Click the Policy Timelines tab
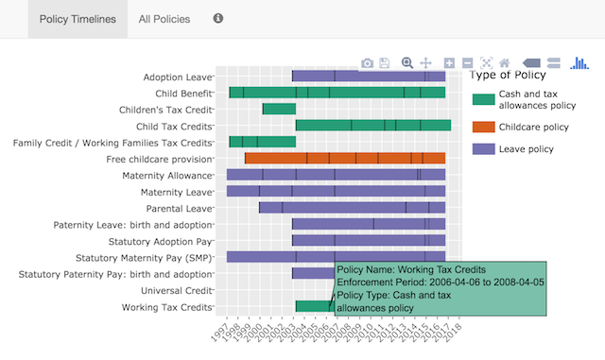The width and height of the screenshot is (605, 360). [78, 19]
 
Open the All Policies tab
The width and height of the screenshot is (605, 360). [164, 19]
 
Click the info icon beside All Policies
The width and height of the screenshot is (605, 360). [218, 18]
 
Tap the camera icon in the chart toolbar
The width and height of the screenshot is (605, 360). [367, 63]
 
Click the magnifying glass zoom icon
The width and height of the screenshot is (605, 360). [407, 62]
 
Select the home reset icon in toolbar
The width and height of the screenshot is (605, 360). [505, 63]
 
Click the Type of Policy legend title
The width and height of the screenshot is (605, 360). [508, 76]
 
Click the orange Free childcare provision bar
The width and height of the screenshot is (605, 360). [344, 158]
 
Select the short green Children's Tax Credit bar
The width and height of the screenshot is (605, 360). [279, 109]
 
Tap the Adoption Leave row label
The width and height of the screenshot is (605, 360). [178, 77]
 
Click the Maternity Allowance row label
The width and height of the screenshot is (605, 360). [166, 175]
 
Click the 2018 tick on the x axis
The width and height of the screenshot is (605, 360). [455, 334]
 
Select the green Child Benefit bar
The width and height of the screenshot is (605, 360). [337, 93]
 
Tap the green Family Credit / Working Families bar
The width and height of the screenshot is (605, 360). [262, 142]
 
